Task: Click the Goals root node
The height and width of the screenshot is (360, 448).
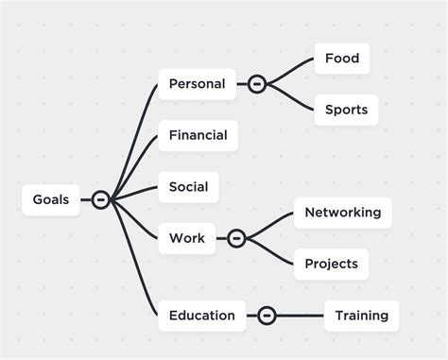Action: coord(51,199)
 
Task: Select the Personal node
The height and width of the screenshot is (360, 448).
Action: coord(197,84)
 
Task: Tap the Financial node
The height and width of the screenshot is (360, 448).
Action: coord(198,135)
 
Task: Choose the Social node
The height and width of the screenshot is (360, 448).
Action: coord(188,187)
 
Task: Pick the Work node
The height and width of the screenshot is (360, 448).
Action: coord(186,238)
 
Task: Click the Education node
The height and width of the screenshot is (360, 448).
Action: coord(201,316)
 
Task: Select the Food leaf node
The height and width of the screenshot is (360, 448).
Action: coord(341,59)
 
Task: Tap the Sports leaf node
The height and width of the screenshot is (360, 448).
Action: coord(345,110)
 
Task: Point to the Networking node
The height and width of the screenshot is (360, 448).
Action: coord(342,213)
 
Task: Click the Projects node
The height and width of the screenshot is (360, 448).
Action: coord(330,264)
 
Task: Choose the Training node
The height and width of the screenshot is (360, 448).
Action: coord(362,316)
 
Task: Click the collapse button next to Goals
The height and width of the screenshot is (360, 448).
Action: coord(100,199)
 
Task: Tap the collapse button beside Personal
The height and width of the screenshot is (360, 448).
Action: coord(256,84)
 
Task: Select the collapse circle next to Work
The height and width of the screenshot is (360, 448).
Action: coord(236,238)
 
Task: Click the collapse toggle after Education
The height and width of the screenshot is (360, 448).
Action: coord(267,316)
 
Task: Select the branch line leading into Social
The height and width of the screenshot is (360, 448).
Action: coord(135,193)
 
